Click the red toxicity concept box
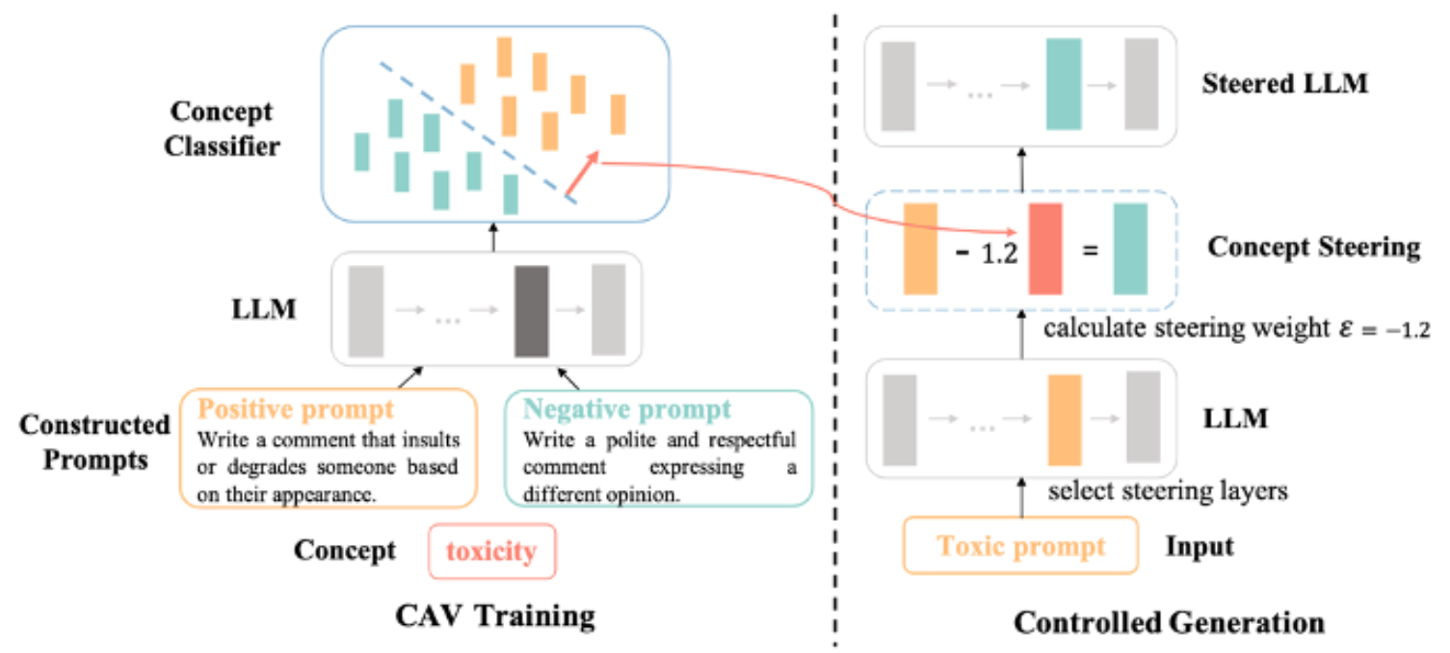(492, 551)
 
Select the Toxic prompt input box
(1021, 547)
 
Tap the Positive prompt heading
(297, 408)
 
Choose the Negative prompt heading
(627, 409)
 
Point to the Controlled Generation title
(1169, 622)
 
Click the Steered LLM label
(1285, 84)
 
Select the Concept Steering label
(1313, 248)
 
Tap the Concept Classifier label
(222, 129)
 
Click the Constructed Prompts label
(94, 441)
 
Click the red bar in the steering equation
(1044, 248)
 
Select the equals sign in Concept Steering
(1089, 250)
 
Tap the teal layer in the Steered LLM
(1064, 84)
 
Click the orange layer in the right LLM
(1065, 421)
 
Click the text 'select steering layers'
(1168, 491)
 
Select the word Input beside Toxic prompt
(1200, 547)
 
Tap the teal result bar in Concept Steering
(1130, 248)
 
